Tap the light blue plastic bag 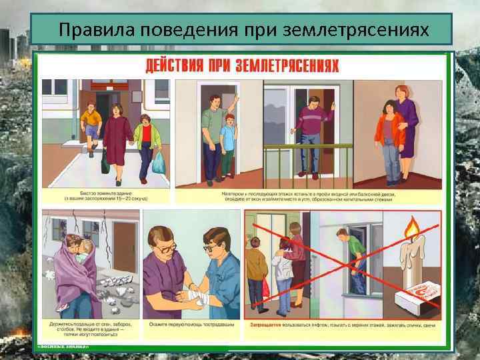point(158,161)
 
